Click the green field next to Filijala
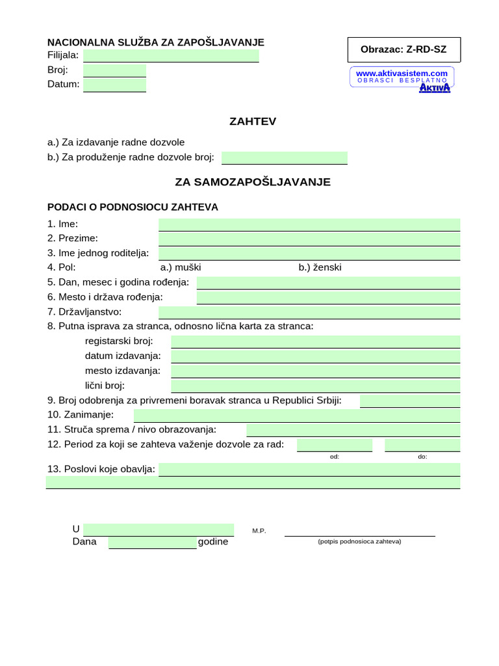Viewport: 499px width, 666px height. pyautogui.click(x=171, y=56)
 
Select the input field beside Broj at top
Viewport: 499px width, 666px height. pyautogui.click(x=114, y=70)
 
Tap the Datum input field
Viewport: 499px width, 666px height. pyautogui.click(x=114, y=85)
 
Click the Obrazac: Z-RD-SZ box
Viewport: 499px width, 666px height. pyautogui.click(x=403, y=50)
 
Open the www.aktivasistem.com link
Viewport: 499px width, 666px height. pyautogui.click(x=402, y=73)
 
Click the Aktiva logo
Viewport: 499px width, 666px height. pyautogui.click(x=434, y=87)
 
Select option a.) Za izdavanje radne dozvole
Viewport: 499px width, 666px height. pyautogui.click(x=116, y=142)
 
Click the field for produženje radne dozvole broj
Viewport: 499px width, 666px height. pyautogui.click(x=284, y=157)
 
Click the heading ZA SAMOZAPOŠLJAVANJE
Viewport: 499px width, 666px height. pyautogui.click(x=253, y=182)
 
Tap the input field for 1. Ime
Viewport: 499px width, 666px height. pyautogui.click(x=309, y=224)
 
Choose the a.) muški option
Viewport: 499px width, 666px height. pyautogui.click(x=181, y=267)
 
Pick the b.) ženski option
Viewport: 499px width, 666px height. pyautogui.click(x=320, y=267)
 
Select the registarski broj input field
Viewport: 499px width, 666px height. pyautogui.click(x=315, y=341)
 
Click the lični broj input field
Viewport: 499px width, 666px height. pyautogui.click(x=315, y=386)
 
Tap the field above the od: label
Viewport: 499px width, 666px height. pyautogui.click(x=335, y=445)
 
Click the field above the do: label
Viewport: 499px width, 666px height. pyautogui.click(x=422, y=445)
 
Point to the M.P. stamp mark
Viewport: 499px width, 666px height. pyautogui.click(x=259, y=531)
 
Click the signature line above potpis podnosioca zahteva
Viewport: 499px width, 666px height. pyautogui.click(x=359, y=535)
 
